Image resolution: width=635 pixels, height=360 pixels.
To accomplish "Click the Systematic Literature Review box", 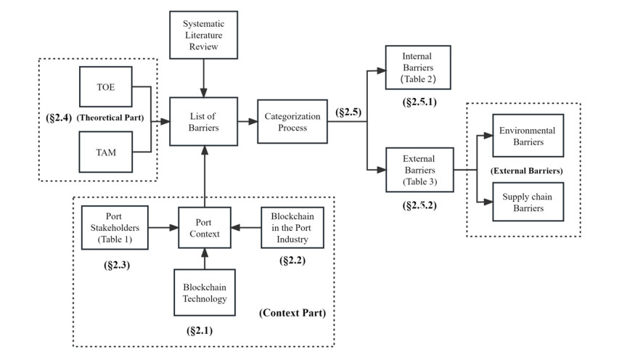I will [203, 36].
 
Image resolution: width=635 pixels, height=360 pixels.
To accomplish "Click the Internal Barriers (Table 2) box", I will [417, 67].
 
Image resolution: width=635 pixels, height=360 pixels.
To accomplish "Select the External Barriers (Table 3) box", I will [419, 171].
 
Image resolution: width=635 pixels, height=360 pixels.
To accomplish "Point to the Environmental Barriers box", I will [527, 136].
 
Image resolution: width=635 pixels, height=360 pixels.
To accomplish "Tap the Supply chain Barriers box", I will [527, 202].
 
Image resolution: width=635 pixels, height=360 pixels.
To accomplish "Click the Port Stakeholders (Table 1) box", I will [114, 227].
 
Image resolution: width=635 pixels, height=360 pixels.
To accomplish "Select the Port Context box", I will [205, 227].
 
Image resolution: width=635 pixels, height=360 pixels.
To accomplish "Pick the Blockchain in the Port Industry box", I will [292, 227].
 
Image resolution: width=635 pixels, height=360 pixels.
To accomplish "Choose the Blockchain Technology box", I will [205, 292].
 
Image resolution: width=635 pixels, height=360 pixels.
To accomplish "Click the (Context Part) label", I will [291, 314].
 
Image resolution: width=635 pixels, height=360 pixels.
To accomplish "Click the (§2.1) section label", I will [204, 330].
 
